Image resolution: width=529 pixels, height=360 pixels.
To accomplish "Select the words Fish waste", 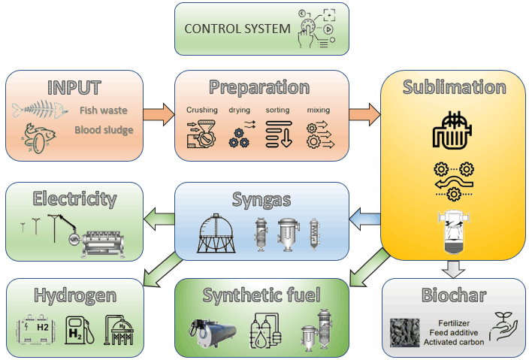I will [x=103, y=110].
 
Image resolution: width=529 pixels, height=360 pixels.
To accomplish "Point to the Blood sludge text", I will [x=103, y=130].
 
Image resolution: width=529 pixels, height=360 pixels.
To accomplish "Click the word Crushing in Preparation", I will [x=201, y=110].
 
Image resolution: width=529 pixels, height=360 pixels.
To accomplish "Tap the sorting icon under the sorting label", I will [x=277, y=133].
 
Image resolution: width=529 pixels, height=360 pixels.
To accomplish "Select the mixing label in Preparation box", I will [x=318, y=110].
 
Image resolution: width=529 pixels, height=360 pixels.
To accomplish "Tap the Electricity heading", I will [x=74, y=199].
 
